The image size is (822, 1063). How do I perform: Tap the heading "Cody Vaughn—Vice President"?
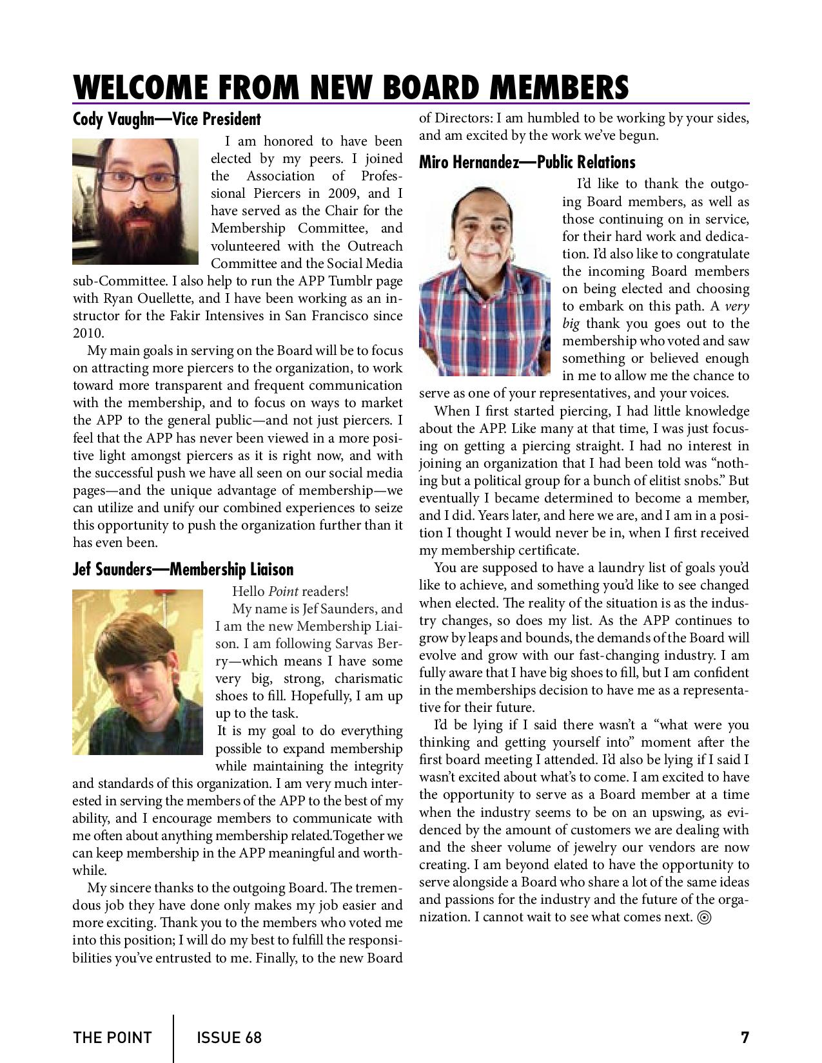[x=166, y=119]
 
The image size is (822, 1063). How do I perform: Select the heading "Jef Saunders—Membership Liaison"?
[x=182, y=570]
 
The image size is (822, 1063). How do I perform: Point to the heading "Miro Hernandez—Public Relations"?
[x=527, y=162]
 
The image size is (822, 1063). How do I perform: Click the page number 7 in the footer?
[x=745, y=1037]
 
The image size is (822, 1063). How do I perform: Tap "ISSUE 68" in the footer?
[x=229, y=1037]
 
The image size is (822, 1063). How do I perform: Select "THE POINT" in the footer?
[x=112, y=1037]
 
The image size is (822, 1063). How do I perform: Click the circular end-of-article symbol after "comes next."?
[x=705, y=918]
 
